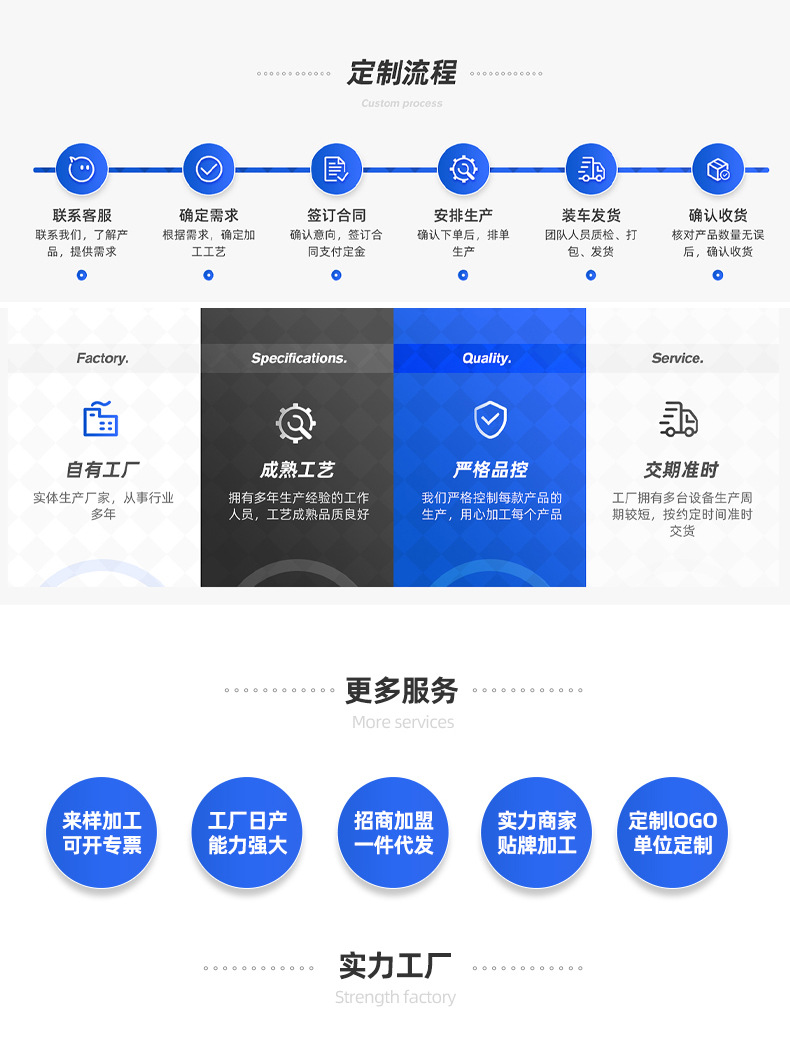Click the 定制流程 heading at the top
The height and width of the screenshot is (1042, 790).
(x=402, y=73)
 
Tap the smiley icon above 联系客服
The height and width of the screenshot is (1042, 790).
(x=81, y=169)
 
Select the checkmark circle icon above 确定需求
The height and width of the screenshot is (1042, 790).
(x=208, y=169)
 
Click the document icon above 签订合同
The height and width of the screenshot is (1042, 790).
(x=336, y=169)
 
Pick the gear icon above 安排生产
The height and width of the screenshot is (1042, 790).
(x=463, y=169)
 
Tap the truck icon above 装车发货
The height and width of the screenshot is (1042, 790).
(x=591, y=169)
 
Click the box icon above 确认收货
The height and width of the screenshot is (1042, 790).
(x=718, y=169)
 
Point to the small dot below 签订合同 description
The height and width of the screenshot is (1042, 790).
(x=336, y=275)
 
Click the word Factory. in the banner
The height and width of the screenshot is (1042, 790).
(x=103, y=358)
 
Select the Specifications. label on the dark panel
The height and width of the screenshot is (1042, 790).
(x=298, y=358)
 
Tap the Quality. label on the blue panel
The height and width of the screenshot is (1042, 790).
(x=487, y=358)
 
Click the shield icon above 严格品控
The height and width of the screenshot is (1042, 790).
(x=490, y=420)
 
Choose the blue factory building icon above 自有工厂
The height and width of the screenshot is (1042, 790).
(x=101, y=419)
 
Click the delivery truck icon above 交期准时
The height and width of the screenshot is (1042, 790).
(x=679, y=420)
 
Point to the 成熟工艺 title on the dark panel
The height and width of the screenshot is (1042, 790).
(x=297, y=470)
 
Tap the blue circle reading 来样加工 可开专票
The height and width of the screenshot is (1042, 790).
(x=102, y=832)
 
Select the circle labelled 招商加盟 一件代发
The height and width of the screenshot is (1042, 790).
(x=393, y=832)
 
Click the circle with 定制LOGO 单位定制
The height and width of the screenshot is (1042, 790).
(x=672, y=832)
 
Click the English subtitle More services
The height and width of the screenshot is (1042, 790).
(x=403, y=722)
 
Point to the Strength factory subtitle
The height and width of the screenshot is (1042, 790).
(x=395, y=997)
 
